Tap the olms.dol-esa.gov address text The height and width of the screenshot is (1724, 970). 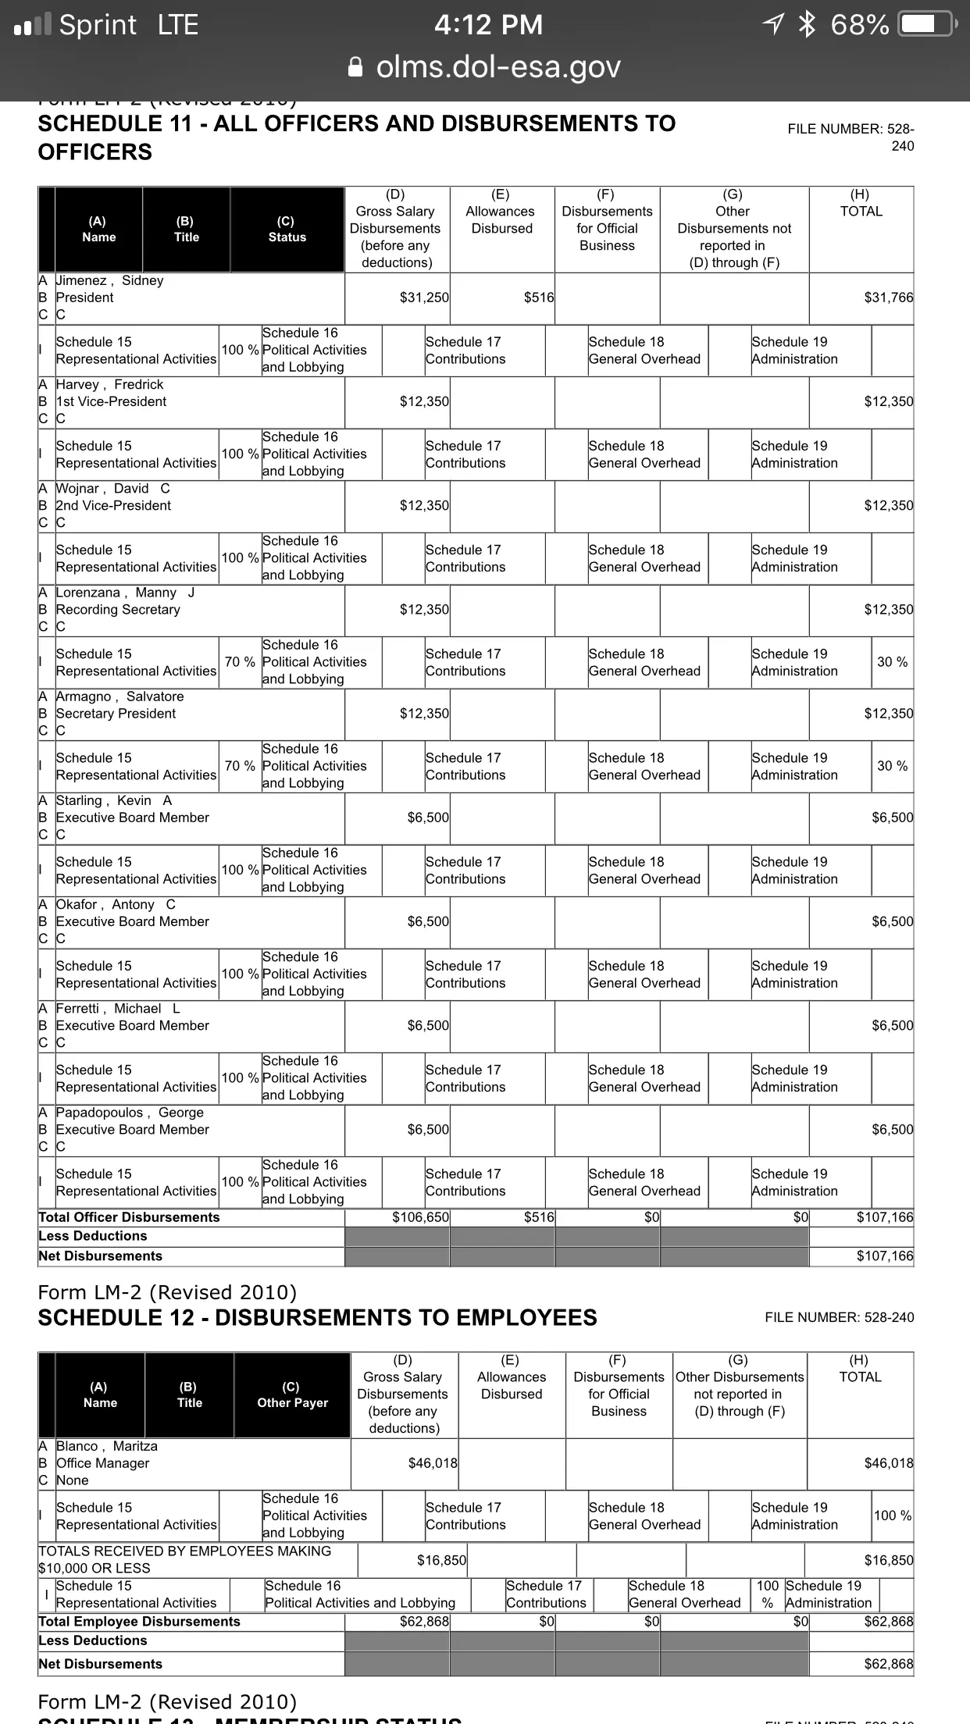pos(497,67)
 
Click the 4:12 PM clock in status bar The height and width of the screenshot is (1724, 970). pos(488,25)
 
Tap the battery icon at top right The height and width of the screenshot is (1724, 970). pos(926,25)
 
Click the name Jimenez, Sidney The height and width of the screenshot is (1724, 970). pos(109,280)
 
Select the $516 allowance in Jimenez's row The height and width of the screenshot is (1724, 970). pos(538,297)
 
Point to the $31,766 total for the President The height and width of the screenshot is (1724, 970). pos(888,297)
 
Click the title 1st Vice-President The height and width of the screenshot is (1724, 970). pos(111,401)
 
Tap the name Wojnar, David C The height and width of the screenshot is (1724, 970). pos(112,488)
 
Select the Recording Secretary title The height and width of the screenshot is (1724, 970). pos(118,609)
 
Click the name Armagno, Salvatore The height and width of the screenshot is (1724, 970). pos(119,696)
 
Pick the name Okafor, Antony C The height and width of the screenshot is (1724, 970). pos(116,904)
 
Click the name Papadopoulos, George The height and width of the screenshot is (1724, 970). pos(130,1113)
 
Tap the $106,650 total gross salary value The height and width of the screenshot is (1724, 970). pos(420,1217)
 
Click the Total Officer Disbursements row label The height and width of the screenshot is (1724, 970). pos(130,1217)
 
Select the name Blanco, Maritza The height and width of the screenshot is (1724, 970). pos(107,1446)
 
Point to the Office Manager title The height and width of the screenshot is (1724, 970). pos(102,1463)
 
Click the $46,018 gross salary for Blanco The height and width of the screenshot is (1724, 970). pos(433,1463)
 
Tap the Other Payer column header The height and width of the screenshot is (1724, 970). pos(292,1395)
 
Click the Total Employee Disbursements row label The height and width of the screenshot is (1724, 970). pos(140,1622)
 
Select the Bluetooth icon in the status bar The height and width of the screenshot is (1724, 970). pos(806,25)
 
